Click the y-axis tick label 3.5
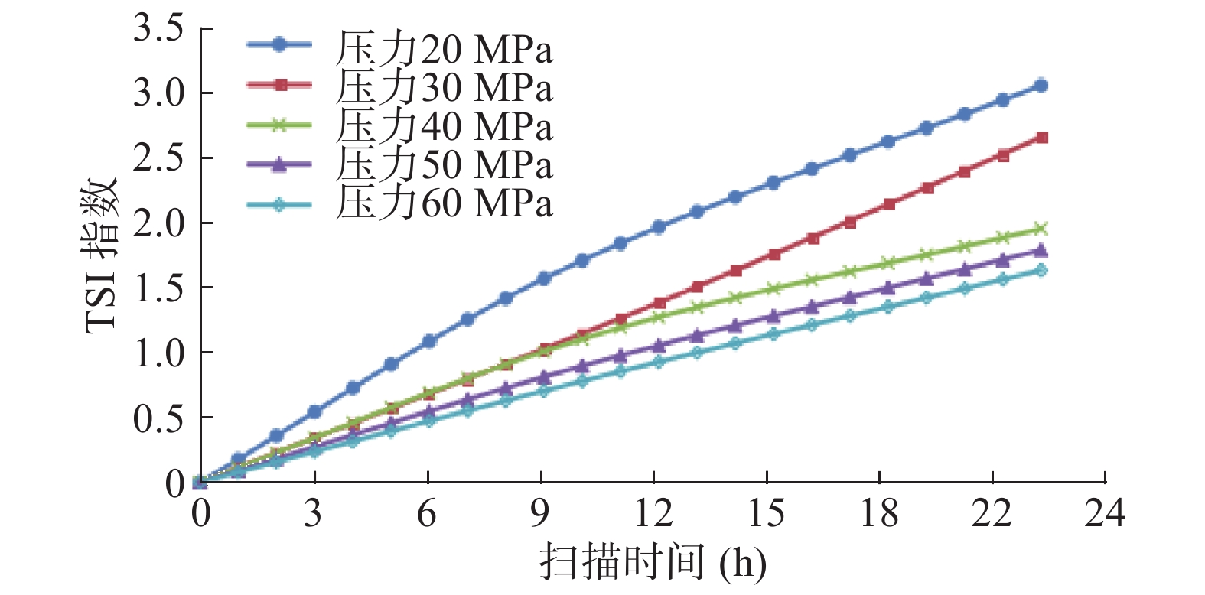(159, 28)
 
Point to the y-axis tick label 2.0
(159, 223)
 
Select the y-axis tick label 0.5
(159, 418)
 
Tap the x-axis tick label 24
(1105, 513)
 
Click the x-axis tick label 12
(653, 513)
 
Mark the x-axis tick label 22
(992, 513)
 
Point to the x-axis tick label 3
(314, 513)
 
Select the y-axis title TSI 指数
(102, 255)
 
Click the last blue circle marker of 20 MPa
(1041, 86)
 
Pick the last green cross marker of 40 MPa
(1041, 229)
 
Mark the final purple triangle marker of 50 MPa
(1041, 250)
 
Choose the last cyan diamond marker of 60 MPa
(1041, 270)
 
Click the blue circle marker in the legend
(279, 45)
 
